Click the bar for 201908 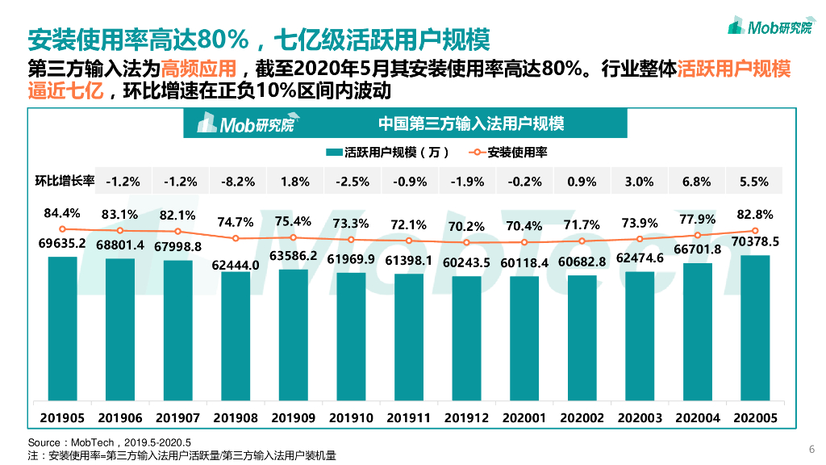(236, 337)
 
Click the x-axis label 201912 (466, 418)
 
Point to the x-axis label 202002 (582, 418)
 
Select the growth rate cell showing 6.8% (697, 182)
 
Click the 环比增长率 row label (65, 182)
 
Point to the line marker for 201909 (294, 237)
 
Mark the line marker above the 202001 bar (524, 242)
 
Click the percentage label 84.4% (62, 214)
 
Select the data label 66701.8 (697, 249)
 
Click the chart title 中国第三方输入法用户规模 (471, 124)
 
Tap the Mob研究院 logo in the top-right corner (770, 27)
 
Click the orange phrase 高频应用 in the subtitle (198, 68)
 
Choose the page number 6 (811, 449)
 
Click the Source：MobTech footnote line (110, 442)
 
